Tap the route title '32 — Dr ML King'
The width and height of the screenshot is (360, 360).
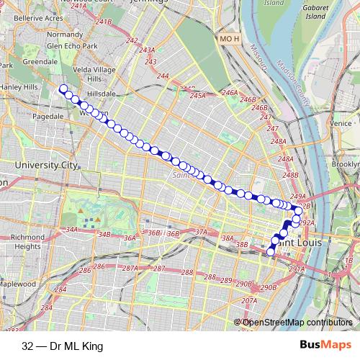tap(63, 346)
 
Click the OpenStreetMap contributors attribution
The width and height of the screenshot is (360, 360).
tap(297, 323)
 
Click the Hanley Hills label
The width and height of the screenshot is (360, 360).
tap(19, 89)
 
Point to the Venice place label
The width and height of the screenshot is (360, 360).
tap(341, 123)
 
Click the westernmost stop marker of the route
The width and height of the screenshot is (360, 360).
tap(63, 89)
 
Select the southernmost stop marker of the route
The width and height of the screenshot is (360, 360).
tap(271, 252)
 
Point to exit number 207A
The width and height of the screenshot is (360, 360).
tap(249, 300)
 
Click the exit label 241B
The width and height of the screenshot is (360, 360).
tap(104, 22)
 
